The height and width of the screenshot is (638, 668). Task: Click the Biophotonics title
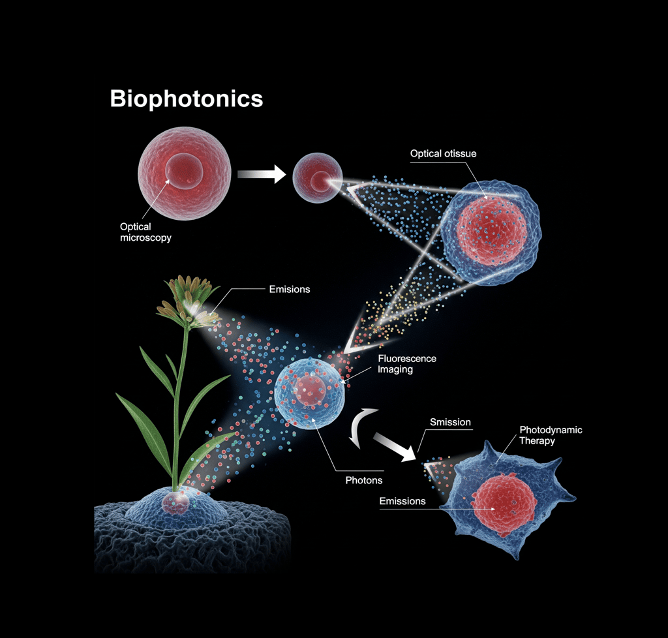[186, 99]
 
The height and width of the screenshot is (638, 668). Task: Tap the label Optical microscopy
[145, 232]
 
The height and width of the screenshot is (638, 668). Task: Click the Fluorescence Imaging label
[407, 364]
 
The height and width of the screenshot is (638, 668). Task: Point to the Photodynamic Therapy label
[550, 435]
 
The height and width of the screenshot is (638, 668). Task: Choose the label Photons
[363, 480]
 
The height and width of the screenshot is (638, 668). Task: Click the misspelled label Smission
[449, 422]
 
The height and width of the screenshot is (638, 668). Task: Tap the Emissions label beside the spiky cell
[402, 501]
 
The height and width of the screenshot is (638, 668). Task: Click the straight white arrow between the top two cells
[262, 174]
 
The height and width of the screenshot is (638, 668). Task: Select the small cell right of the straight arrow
[318, 177]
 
